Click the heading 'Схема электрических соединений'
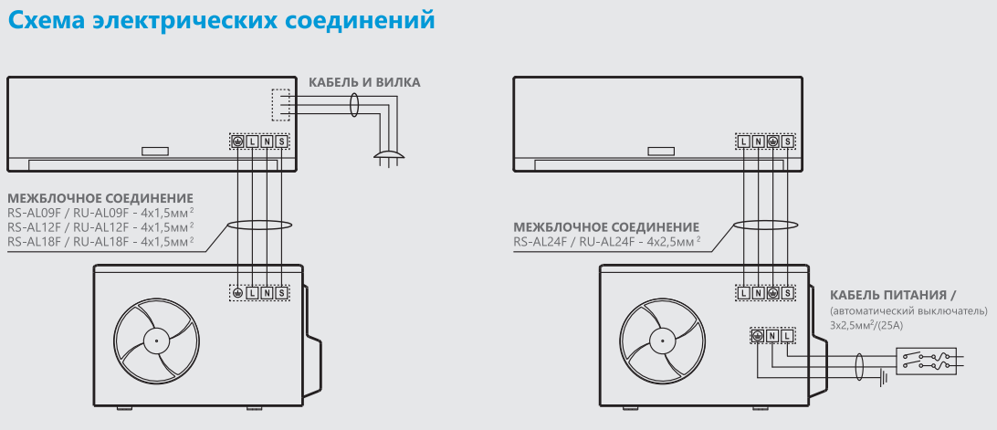pos(220,19)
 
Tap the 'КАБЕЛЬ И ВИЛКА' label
pos(364,83)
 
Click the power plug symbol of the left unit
pos(388,155)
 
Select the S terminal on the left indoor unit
pos(281,142)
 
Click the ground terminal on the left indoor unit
pos(237,142)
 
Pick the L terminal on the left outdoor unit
pos(252,293)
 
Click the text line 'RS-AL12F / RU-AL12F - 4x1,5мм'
pos(100,226)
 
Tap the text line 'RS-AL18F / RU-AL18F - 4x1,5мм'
pos(100,241)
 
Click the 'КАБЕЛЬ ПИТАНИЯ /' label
pos(892,295)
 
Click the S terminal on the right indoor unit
pos(788,142)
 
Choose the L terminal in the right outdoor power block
pos(786,336)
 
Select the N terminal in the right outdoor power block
pos(771,336)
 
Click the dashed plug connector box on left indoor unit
pos(281,104)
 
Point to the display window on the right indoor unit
pos(660,152)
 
